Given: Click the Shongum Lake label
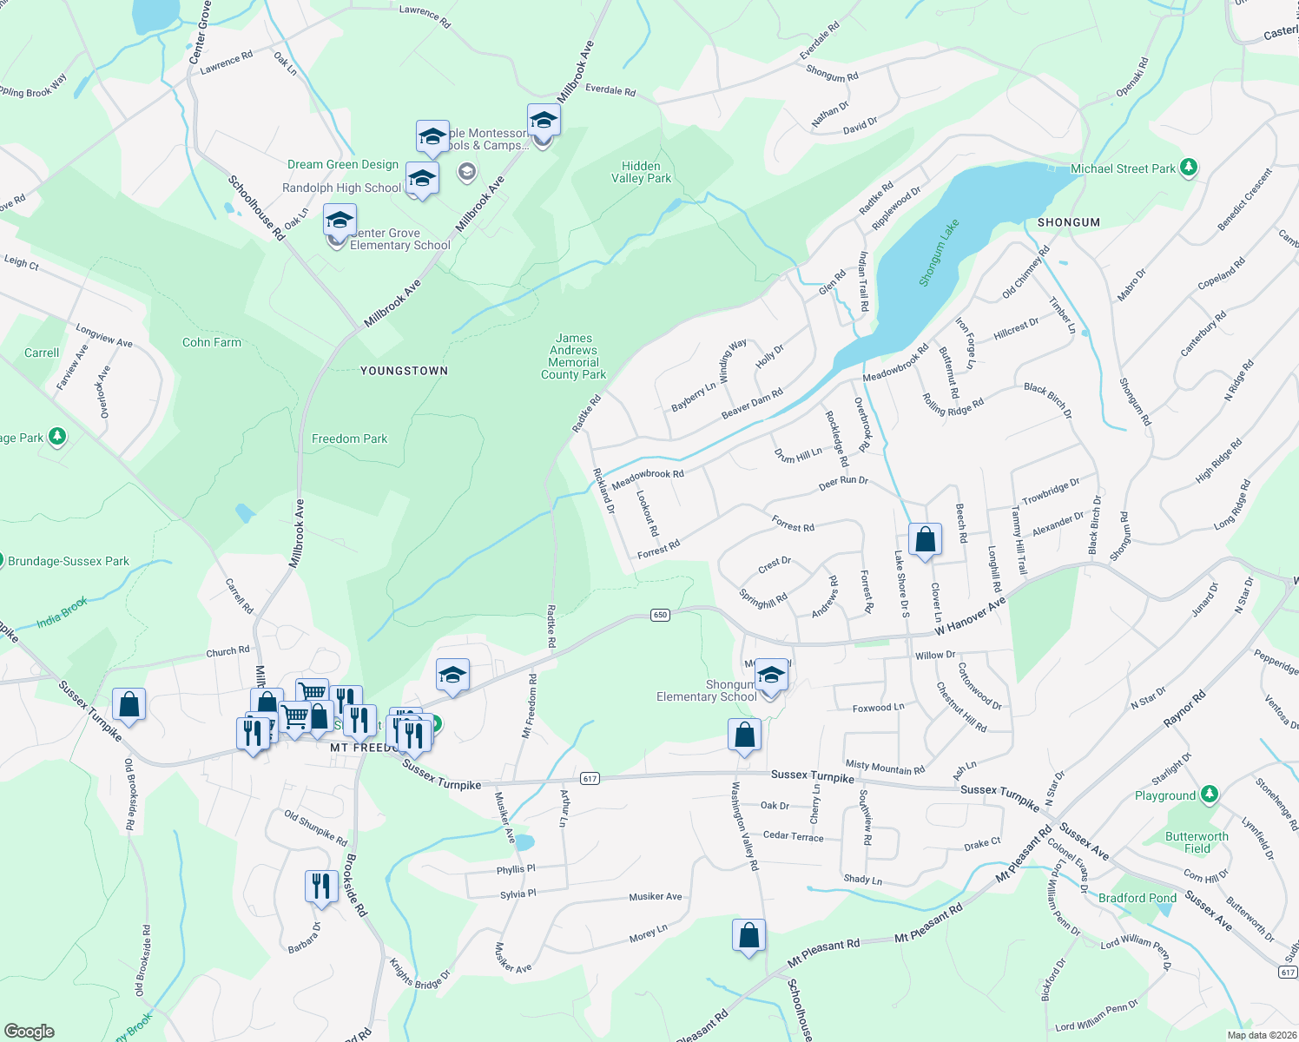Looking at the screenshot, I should [x=939, y=253].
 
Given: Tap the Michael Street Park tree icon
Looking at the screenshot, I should [x=1189, y=168].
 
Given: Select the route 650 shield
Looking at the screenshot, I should [x=660, y=615].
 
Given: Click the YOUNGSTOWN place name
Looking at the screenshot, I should [x=405, y=371].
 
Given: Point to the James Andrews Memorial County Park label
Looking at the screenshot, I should [x=573, y=357].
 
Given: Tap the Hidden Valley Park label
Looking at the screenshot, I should [x=641, y=172].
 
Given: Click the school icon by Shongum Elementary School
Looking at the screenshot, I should [x=770, y=675].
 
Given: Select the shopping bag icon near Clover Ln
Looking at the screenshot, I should [x=926, y=539].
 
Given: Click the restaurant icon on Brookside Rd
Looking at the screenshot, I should [x=321, y=886].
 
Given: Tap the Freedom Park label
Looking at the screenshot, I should [x=349, y=439].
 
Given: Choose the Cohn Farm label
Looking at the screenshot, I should [x=212, y=342].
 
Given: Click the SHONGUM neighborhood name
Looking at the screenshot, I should [x=1068, y=222].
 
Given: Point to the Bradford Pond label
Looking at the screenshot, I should [x=1137, y=898].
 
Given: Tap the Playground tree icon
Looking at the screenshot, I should [x=1209, y=795].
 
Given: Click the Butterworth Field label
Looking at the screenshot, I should [x=1197, y=842].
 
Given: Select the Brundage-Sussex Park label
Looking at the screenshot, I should [x=69, y=561].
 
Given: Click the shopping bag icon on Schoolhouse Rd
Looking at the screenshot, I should [x=748, y=935].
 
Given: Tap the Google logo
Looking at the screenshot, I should [x=29, y=1032].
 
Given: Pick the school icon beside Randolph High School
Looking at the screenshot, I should [x=422, y=178].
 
